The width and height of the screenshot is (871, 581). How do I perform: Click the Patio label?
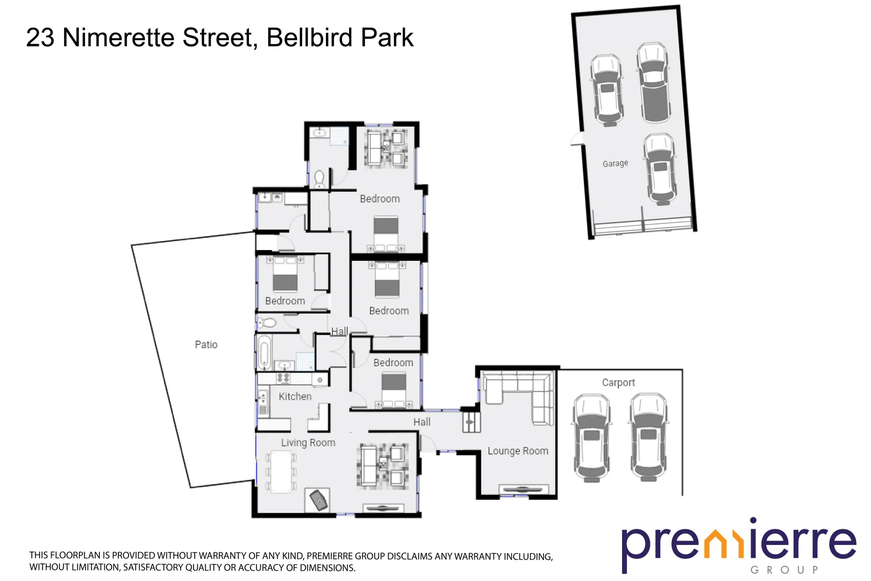[206, 344]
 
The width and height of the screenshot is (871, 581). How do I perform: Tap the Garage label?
[615, 163]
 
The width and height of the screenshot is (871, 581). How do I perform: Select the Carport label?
[618, 382]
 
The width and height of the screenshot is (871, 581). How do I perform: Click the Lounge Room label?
[518, 451]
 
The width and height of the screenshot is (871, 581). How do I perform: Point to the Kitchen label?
[295, 396]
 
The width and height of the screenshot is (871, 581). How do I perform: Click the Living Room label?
[308, 443]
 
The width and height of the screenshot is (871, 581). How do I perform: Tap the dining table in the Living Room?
[281, 472]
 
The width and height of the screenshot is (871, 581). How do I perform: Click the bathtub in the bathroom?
[263, 352]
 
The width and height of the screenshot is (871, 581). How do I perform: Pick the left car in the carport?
[591, 437]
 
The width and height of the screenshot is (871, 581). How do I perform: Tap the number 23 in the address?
[40, 38]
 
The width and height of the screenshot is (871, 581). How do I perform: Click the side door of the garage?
[577, 139]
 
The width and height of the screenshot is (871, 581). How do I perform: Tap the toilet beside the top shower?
[319, 178]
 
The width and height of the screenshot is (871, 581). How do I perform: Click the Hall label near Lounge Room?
[422, 422]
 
